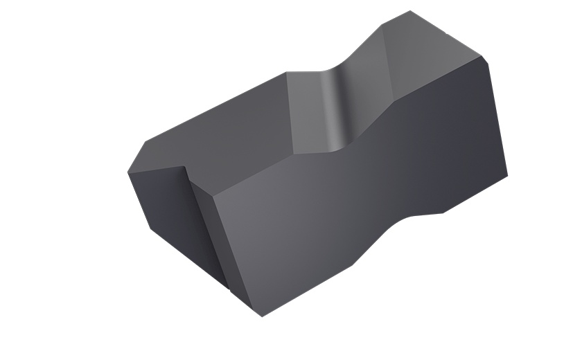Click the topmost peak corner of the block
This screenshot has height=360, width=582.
click(410, 11)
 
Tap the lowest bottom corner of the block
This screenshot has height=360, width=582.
click(262, 316)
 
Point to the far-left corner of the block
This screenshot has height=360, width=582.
click(128, 172)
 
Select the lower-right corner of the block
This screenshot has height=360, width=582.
click(507, 174)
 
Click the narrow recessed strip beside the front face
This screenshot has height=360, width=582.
click(208, 235)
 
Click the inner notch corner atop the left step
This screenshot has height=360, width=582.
click(188, 165)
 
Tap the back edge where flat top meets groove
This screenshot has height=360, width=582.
click(287, 73)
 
